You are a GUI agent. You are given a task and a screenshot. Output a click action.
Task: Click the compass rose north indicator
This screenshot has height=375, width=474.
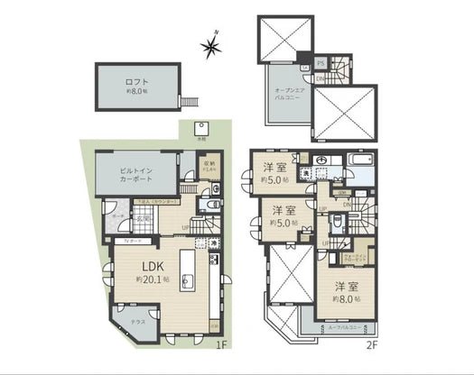click(x=211, y=44)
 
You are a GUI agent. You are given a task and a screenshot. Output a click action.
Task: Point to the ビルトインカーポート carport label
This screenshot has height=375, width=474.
click(x=135, y=174)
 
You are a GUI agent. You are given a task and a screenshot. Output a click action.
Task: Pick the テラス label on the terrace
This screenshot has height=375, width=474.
click(x=136, y=323)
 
